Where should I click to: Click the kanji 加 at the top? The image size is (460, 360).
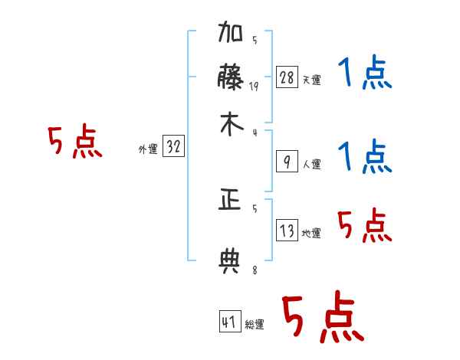231,35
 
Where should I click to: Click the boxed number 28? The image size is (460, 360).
287,77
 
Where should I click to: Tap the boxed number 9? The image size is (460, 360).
287,162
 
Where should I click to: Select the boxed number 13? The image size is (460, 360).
287,229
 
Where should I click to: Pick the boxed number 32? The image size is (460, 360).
173,147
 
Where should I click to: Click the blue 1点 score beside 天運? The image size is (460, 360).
365,74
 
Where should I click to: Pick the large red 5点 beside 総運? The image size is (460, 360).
323,319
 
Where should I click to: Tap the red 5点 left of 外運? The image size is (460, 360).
74,144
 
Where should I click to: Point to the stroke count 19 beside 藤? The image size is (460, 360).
254,87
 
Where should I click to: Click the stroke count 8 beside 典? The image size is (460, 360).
254,270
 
